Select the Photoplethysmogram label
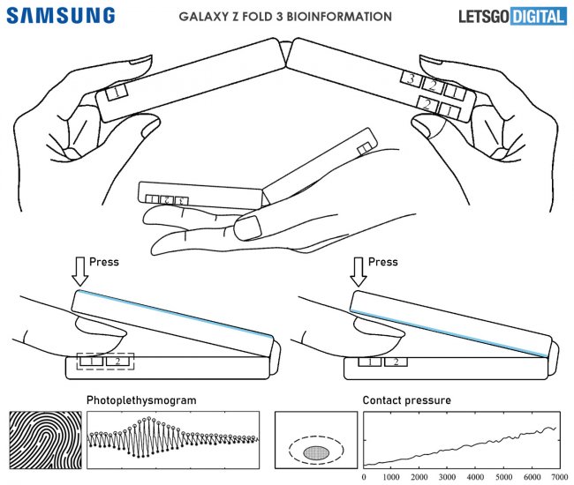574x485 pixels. point(141,400)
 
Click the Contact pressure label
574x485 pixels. point(407,400)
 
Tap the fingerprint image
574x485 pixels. point(43,440)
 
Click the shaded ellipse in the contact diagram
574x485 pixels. point(315,452)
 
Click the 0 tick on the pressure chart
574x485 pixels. point(365,477)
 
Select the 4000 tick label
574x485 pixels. point(475,477)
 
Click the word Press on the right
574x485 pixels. point(383,262)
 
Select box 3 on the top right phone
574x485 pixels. point(411,79)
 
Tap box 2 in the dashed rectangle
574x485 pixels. point(117,361)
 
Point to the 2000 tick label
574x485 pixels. point(419,477)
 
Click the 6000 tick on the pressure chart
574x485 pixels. point(530,477)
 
